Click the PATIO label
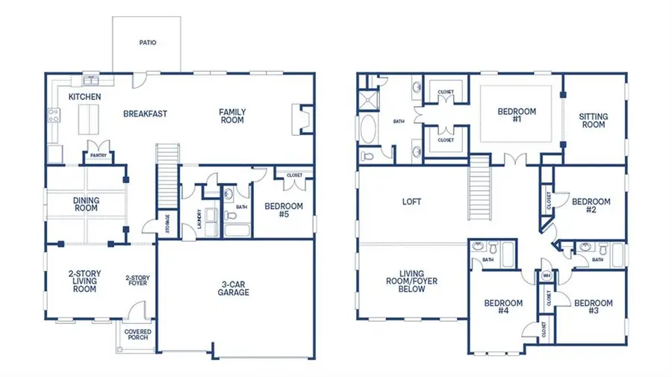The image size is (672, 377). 148,43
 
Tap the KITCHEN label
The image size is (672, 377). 85,97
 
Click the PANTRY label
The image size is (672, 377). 98,155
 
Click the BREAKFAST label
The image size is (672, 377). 145,114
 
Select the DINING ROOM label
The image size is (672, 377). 86,204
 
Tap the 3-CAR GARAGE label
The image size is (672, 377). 234,287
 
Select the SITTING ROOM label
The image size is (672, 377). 593,121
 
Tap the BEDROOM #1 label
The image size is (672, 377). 517,116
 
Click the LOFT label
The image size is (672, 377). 413,201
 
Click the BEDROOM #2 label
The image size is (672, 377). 591,206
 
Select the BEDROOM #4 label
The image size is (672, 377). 503,308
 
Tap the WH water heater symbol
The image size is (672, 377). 547,275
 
